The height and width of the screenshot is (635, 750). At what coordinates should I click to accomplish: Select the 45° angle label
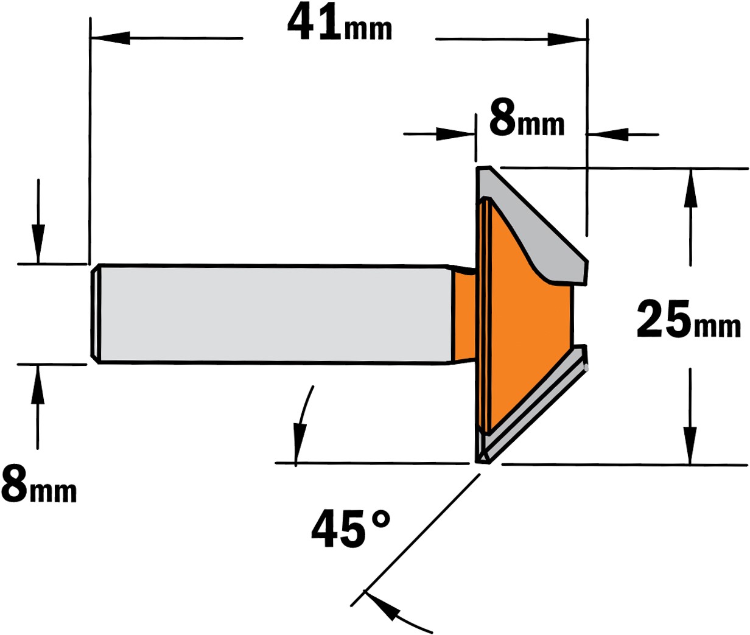pyautogui.click(x=351, y=528)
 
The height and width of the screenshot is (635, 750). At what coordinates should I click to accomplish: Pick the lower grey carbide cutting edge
pyautogui.click(x=533, y=407)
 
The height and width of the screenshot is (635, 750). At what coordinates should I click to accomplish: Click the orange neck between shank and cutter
pyautogui.click(x=464, y=314)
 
